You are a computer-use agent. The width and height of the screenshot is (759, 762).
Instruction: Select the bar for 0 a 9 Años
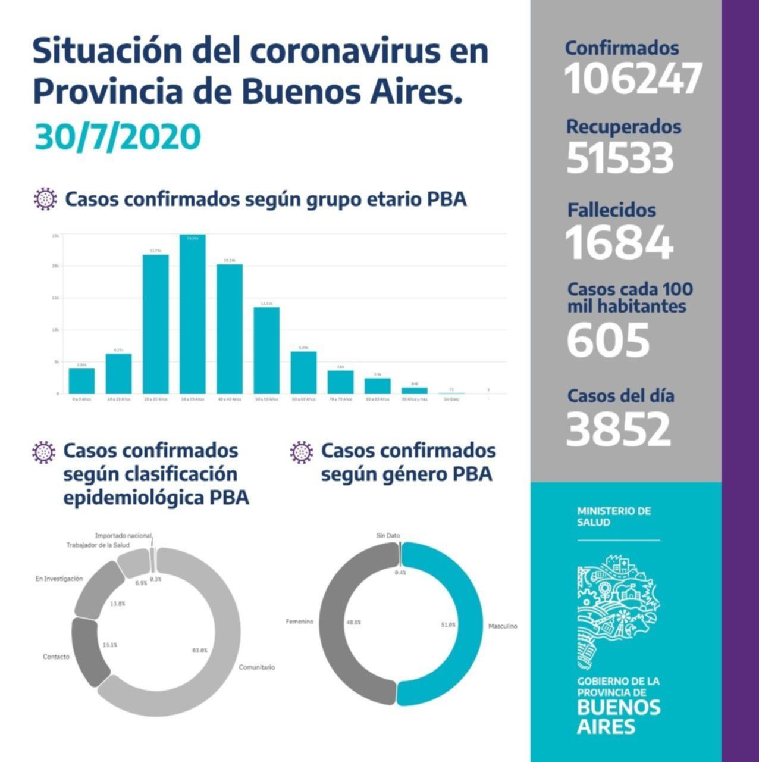81,381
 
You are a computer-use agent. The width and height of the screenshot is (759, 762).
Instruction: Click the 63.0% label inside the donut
199,650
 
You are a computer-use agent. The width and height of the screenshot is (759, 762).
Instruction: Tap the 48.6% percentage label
353,622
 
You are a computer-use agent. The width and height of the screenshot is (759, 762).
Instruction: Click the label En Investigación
59,579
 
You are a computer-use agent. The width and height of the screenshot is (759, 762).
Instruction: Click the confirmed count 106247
633,79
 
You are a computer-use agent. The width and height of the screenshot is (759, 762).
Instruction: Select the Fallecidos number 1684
619,242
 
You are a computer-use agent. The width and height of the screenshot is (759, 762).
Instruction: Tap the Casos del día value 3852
619,429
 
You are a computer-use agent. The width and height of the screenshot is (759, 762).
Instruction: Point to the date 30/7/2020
118,137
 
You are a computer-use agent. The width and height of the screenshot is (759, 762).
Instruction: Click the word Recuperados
623,126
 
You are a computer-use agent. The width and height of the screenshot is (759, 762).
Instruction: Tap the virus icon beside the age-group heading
45,199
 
